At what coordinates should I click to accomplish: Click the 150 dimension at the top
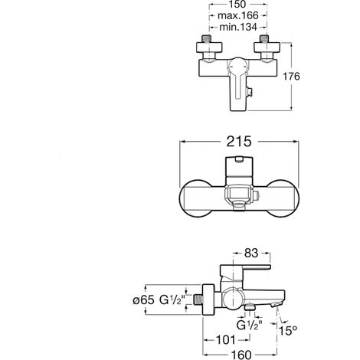(x=237, y=4)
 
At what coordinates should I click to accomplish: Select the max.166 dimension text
(x=238, y=15)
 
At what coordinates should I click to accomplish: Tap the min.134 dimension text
(x=238, y=27)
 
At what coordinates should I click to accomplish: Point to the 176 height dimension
(x=292, y=76)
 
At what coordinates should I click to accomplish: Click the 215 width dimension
(x=239, y=141)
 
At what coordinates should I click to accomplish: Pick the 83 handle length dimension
(x=251, y=253)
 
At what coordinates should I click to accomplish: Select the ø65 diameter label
(x=144, y=299)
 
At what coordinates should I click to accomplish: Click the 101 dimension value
(x=226, y=340)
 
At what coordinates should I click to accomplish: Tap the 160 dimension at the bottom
(x=241, y=355)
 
